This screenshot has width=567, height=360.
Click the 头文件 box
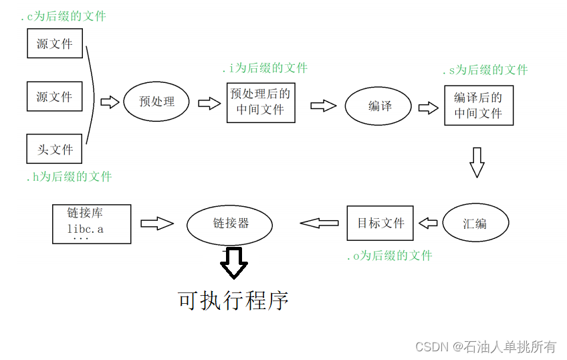click(x=54, y=149)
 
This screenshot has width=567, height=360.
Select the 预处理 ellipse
click(x=156, y=102)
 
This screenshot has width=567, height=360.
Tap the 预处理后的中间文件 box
click(x=260, y=102)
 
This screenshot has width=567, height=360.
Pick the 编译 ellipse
click(x=378, y=106)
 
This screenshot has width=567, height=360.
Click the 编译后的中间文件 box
click(x=478, y=105)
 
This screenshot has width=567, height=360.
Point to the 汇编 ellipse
click(x=475, y=223)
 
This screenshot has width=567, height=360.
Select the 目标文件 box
click(x=380, y=223)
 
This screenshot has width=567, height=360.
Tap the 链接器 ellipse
click(x=230, y=223)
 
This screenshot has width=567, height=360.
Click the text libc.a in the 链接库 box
click(x=85, y=229)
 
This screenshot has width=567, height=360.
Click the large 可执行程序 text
click(x=233, y=300)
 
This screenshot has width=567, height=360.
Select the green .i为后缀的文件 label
click(x=265, y=68)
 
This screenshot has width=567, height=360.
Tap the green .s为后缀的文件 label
click(x=485, y=70)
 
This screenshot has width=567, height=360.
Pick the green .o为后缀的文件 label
click(x=389, y=256)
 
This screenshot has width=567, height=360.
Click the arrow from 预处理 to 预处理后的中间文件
click(x=209, y=103)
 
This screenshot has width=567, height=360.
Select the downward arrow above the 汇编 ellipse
click(x=476, y=162)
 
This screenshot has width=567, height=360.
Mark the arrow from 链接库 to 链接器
click(x=157, y=223)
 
